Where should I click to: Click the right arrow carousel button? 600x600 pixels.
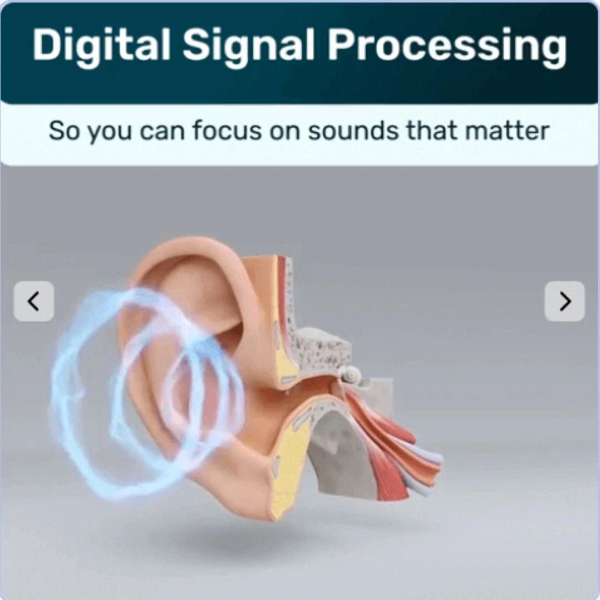[x=564, y=301]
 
